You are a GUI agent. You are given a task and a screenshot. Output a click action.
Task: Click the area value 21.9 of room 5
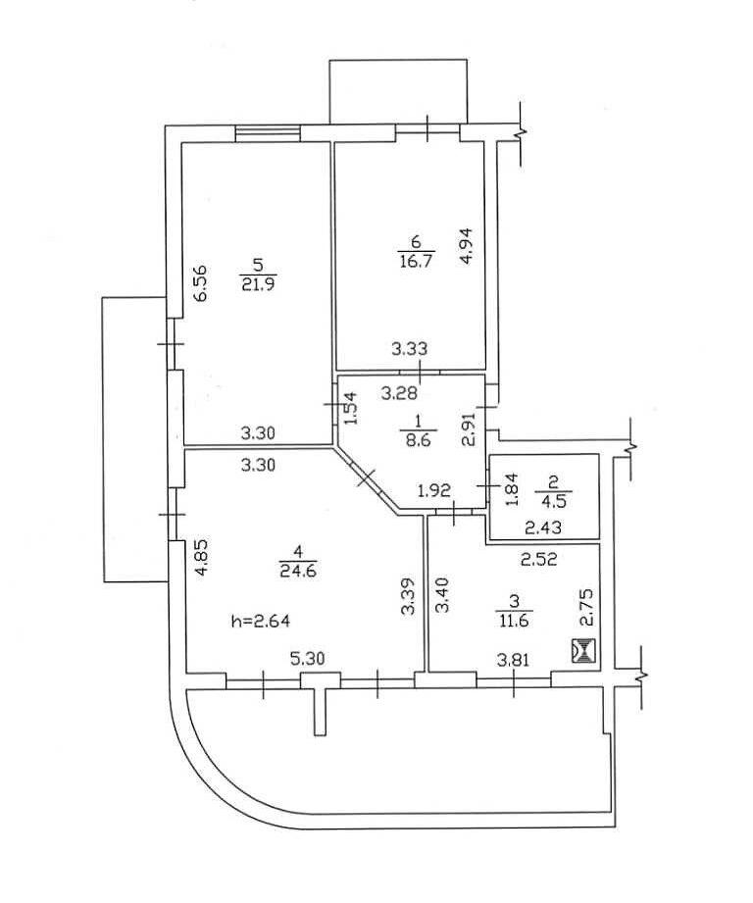click(x=259, y=284)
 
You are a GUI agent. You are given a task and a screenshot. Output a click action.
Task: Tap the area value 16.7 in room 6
click(x=416, y=261)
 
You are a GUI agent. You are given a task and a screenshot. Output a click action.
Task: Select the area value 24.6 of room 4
click(x=298, y=570)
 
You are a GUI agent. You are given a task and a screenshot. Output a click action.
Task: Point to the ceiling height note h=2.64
click(x=260, y=621)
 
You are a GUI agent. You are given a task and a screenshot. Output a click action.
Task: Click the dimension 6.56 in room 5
click(x=201, y=282)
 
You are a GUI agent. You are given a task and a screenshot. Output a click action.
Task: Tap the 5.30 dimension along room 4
click(x=307, y=658)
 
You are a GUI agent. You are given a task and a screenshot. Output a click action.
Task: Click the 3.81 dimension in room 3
click(x=513, y=661)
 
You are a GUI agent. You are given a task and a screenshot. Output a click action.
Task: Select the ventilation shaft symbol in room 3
click(x=582, y=651)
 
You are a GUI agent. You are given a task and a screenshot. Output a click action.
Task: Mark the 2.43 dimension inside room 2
click(x=544, y=527)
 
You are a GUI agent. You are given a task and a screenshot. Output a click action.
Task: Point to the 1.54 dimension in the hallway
click(x=351, y=408)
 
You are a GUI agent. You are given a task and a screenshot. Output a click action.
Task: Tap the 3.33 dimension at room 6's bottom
click(x=409, y=348)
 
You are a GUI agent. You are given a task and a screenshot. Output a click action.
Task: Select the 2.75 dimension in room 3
click(x=585, y=607)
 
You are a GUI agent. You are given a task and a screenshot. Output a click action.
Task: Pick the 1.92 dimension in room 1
click(x=434, y=491)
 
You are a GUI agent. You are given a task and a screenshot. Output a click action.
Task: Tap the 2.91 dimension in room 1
click(x=470, y=429)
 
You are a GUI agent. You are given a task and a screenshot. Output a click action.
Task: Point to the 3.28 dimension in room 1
click(x=399, y=394)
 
